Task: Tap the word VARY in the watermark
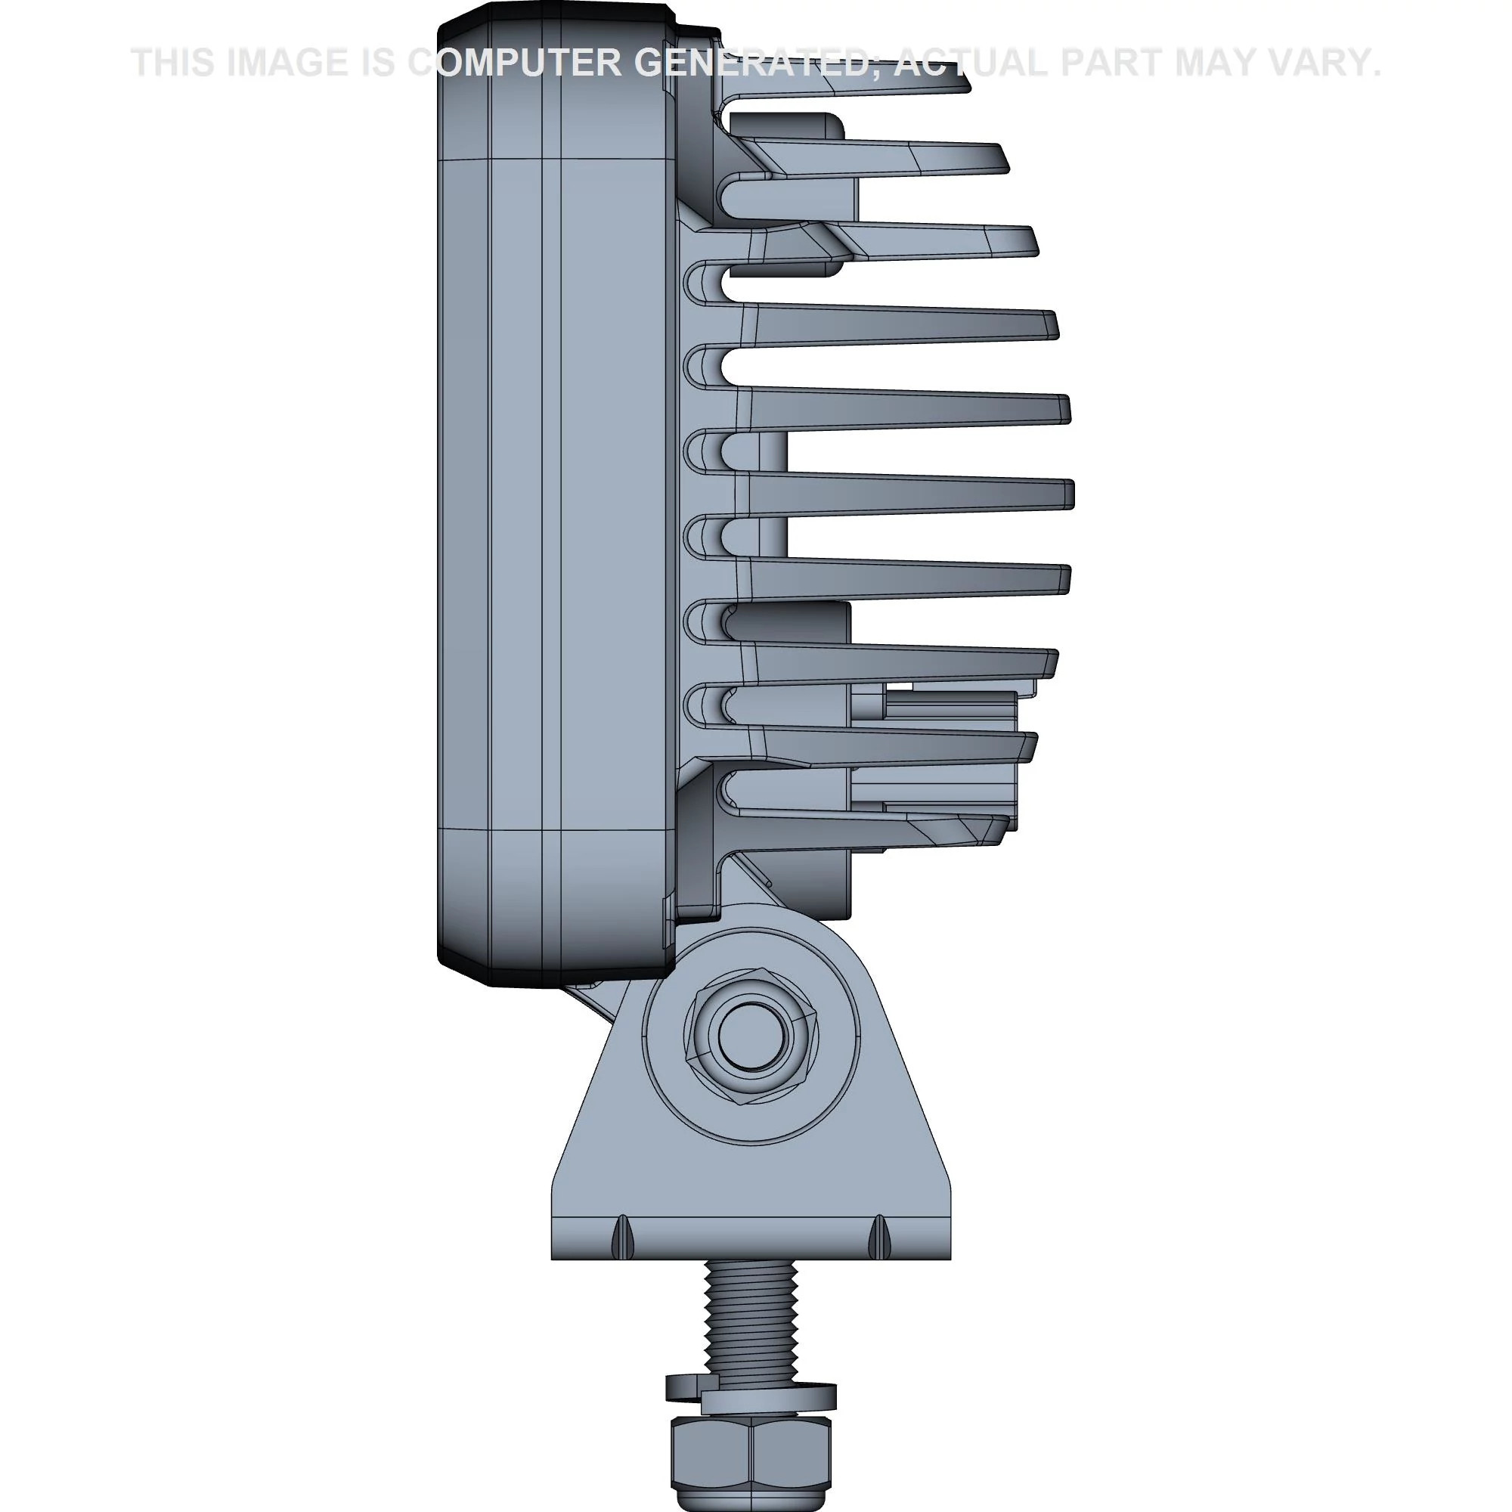(x=1321, y=63)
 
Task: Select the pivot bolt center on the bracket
(x=751, y=1036)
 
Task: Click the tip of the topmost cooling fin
(x=962, y=82)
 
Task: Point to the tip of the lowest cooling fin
(x=1002, y=829)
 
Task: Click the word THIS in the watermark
(x=173, y=63)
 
